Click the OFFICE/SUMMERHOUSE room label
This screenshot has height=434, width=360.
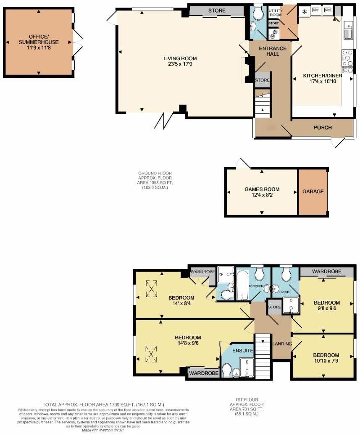click(x=38, y=39)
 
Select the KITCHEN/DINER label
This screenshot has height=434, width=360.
click(x=322, y=76)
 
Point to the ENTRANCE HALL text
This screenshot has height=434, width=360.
click(x=272, y=51)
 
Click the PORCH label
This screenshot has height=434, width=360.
click(x=322, y=128)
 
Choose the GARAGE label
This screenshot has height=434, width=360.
click(x=313, y=192)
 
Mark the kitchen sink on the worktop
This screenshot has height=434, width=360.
click(x=348, y=31)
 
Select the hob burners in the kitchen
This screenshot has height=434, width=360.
click(x=348, y=59)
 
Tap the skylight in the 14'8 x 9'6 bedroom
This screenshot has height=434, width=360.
click(x=151, y=353)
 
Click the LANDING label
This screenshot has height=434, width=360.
click(x=282, y=344)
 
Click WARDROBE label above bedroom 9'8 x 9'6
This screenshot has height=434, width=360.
click(x=326, y=272)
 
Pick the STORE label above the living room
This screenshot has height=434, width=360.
click(x=216, y=11)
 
